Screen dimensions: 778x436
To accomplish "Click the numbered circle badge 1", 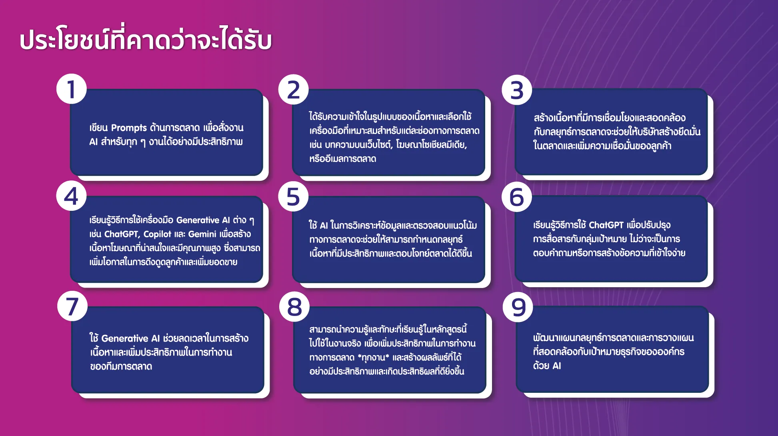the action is click(x=72, y=89).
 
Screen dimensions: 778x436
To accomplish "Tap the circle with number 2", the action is click(x=294, y=90).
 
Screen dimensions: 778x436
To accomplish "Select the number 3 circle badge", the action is click(x=517, y=90).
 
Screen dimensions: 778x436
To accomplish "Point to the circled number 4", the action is click(x=72, y=196).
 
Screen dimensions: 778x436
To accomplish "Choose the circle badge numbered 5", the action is click(x=293, y=196).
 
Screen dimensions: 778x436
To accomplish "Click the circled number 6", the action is click(x=517, y=196).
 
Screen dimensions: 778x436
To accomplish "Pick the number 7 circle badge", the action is click(x=72, y=306).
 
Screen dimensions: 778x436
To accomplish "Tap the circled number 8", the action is click(x=294, y=307).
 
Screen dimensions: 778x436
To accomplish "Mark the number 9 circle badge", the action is click(x=518, y=307).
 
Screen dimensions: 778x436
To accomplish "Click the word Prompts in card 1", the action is click(x=129, y=128).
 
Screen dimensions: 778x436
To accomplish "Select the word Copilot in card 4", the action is click(x=157, y=234).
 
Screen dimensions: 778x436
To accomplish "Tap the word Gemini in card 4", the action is click(x=202, y=234).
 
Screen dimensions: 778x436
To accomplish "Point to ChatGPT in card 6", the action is click(x=606, y=225).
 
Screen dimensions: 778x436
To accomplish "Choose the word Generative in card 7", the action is click(x=125, y=338).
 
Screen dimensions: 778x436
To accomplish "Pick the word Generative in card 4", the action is click(x=198, y=220).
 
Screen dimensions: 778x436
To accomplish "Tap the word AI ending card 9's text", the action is click(x=556, y=366).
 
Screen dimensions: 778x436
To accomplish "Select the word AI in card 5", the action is click(x=324, y=226).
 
